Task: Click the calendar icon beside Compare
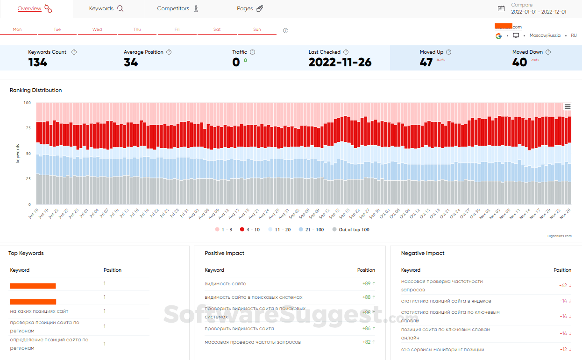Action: click(x=501, y=8)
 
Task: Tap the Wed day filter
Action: click(x=97, y=29)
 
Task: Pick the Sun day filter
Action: click(x=257, y=29)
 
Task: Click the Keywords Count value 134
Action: click(x=38, y=63)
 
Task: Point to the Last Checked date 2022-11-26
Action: click(x=340, y=63)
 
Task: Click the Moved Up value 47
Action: click(x=426, y=63)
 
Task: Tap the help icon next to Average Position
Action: click(x=169, y=52)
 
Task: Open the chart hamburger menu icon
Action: click(x=568, y=106)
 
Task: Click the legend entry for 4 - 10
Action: click(x=250, y=230)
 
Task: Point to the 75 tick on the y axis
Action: click(x=28, y=128)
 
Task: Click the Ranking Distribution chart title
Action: click(x=36, y=90)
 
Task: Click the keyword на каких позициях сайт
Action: click(x=39, y=311)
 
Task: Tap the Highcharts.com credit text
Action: click(x=559, y=236)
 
